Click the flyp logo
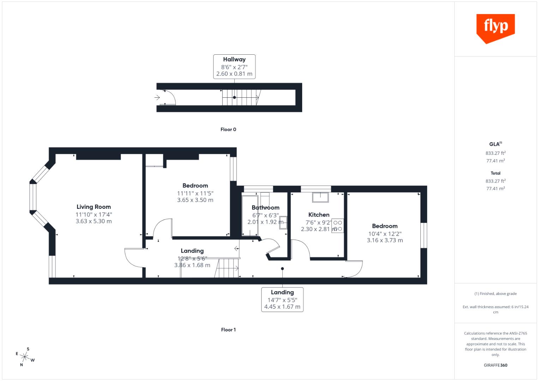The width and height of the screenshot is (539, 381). pyautogui.click(x=495, y=28)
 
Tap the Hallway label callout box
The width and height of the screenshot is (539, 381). pyautogui.click(x=234, y=66)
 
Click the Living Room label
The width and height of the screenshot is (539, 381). pyautogui.click(x=94, y=207)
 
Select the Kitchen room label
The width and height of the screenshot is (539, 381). pyautogui.click(x=319, y=214)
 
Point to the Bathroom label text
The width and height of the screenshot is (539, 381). pyautogui.click(x=265, y=207)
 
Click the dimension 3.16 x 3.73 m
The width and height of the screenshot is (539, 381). pyautogui.click(x=385, y=240)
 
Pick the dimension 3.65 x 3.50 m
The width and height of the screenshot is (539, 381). pyautogui.click(x=195, y=200)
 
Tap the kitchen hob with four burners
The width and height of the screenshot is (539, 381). pyautogui.click(x=337, y=226)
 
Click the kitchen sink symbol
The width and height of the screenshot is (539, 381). pyautogui.click(x=320, y=197)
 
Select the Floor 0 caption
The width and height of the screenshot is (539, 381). pyautogui.click(x=228, y=129)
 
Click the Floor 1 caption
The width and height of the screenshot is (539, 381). pyautogui.click(x=228, y=330)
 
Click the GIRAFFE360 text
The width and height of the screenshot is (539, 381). pyautogui.click(x=495, y=365)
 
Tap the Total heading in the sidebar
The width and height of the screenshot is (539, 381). pyautogui.click(x=495, y=173)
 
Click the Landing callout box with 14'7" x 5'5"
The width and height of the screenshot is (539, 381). pyautogui.click(x=282, y=300)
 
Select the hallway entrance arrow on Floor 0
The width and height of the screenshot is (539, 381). pyautogui.click(x=157, y=97)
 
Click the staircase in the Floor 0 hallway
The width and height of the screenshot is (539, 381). pyautogui.click(x=240, y=97)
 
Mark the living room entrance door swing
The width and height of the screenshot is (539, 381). pyautogui.click(x=134, y=258)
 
